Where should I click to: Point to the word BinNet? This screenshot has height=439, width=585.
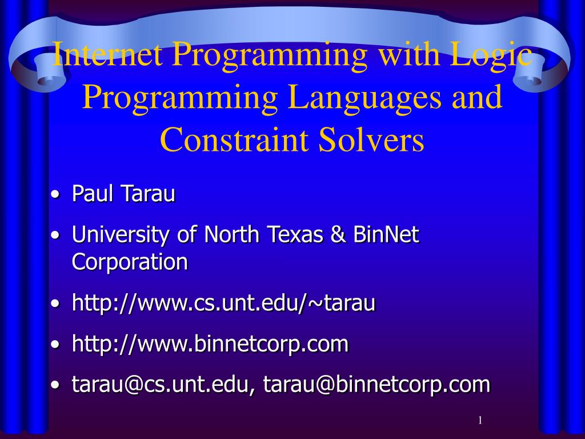point(387,235)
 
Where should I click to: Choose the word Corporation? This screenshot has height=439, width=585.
point(130,262)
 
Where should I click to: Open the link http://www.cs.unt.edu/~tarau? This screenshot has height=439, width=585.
point(223,303)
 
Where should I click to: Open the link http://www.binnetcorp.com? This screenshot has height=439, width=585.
point(210,344)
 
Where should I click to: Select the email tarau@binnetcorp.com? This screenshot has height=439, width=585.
point(376,385)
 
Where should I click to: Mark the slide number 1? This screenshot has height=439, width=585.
point(480,421)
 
